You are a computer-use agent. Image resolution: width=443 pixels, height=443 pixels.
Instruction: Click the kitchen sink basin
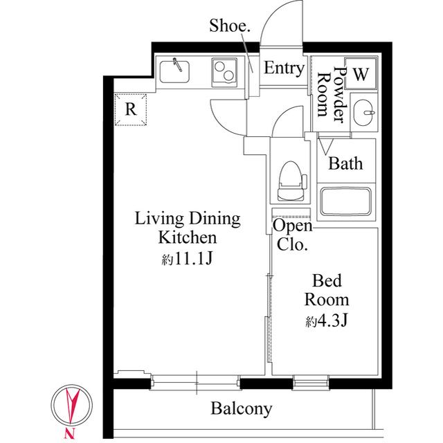pos(176,70)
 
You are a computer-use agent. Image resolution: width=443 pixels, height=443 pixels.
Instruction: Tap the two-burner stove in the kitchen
pos(224,71)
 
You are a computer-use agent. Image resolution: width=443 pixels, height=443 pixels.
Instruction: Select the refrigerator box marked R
pos(130,109)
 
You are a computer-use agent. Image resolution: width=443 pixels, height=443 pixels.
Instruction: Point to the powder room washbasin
pos(363,113)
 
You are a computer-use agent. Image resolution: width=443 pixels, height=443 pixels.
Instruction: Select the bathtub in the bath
pos(346,201)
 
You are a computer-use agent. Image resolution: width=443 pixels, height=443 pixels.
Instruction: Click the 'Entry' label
pos(284,69)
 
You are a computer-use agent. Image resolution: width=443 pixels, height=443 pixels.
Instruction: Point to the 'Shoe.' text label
pos(230,26)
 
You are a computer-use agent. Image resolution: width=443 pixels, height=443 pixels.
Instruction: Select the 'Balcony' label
pos(242,408)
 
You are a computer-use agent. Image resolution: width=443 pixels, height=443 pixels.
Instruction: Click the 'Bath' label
pos(345,164)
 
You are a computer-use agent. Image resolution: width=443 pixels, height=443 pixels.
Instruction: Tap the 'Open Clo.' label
pos(293,235)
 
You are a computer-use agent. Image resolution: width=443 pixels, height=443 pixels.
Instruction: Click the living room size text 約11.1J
pos(187,260)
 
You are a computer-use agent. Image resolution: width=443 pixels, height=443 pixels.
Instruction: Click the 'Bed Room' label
pos(327,291)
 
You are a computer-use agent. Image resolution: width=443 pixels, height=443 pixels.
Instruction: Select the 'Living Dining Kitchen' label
pos(187,228)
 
